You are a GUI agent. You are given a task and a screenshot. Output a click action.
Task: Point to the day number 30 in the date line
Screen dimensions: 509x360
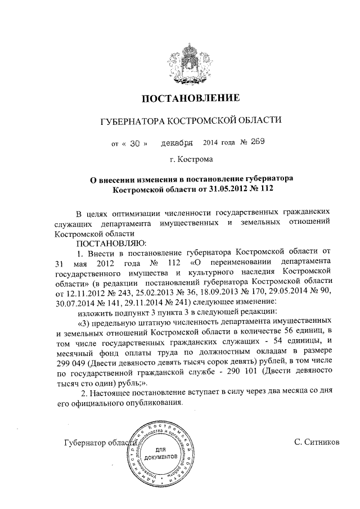click(134, 143)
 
